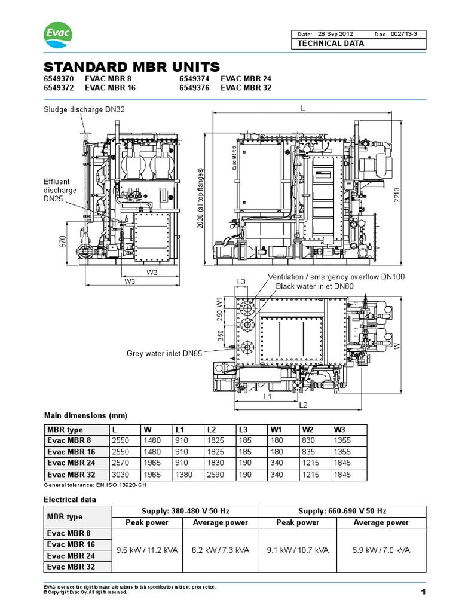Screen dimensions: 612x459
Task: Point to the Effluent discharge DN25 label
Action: click(60, 191)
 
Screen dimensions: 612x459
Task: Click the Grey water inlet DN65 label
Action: click(164, 353)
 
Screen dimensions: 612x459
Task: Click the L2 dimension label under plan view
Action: click(303, 405)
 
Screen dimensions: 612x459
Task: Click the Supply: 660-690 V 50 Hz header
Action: click(336, 512)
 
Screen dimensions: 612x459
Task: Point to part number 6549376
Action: click(195, 87)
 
